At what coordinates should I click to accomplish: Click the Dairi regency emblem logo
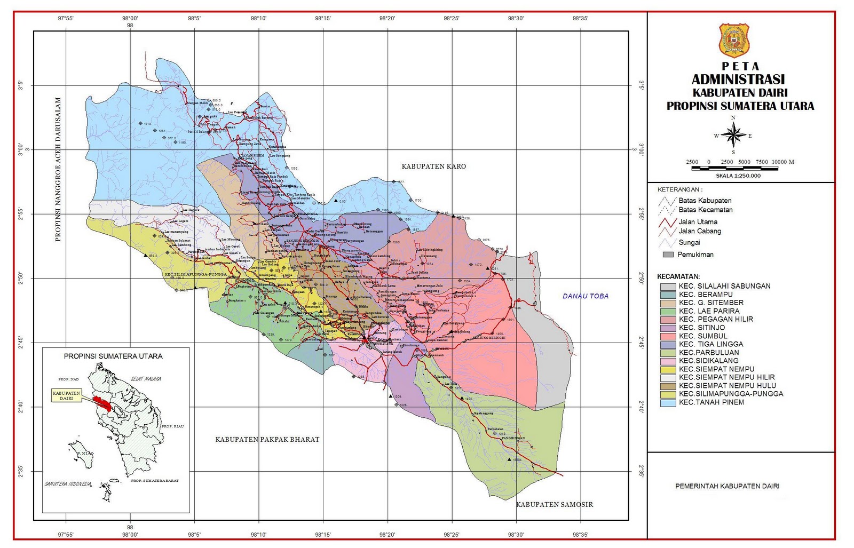click(x=734, y=41)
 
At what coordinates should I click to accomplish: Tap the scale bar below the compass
click(x=734, y=168)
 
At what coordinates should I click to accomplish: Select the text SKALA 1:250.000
click(x=738, y=176)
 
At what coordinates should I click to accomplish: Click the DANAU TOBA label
click(x=586, y=296)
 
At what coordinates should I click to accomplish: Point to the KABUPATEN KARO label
click(x=433, y=166)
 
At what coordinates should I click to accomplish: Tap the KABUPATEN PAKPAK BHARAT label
click(x=267, y=440)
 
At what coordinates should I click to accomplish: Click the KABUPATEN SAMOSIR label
click(x=554, y=504)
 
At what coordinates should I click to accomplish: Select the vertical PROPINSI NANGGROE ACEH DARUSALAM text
click(x=58, y=170)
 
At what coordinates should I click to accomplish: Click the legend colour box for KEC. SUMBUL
click(x=668, y=336)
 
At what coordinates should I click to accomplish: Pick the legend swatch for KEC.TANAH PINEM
click(x=668, y=402)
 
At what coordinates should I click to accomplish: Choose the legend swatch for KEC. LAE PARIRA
click(x=668, y=311)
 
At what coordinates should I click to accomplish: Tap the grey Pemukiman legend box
click(x=668, y=255)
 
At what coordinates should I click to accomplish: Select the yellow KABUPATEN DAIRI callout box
click(x=67, y=395)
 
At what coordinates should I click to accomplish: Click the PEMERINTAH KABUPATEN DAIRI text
click(x=727, y=486)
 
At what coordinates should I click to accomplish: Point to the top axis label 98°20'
click(x=387, y=18)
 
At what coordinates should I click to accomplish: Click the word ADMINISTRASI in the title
click(x=738, y=80)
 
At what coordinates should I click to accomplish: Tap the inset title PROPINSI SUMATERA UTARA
click(x=113, y=356)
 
